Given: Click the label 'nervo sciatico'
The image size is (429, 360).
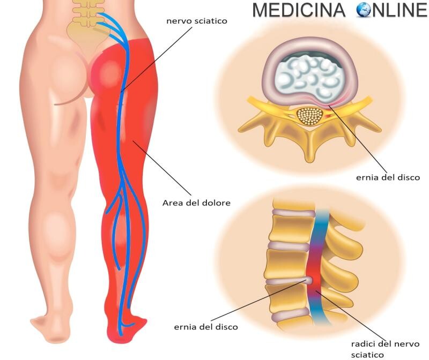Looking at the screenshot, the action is pyautogui.click(x=197, y=21).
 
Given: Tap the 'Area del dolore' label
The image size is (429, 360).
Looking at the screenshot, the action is pyautogui.click(x=196, y=203).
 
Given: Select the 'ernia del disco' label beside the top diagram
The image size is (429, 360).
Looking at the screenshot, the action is pyautogui.click(x=388, y=177).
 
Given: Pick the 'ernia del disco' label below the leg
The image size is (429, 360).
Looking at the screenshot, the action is pyautogui.click(x=206, y=327).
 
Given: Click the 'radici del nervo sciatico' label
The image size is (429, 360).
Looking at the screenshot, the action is pyautogui.click(x=385, y=349).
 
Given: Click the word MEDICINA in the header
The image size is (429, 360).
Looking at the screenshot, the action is pyautogui.click(x=299, y=10).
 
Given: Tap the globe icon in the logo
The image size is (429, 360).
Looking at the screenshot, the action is pyautogui.click(x=364, y=10).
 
